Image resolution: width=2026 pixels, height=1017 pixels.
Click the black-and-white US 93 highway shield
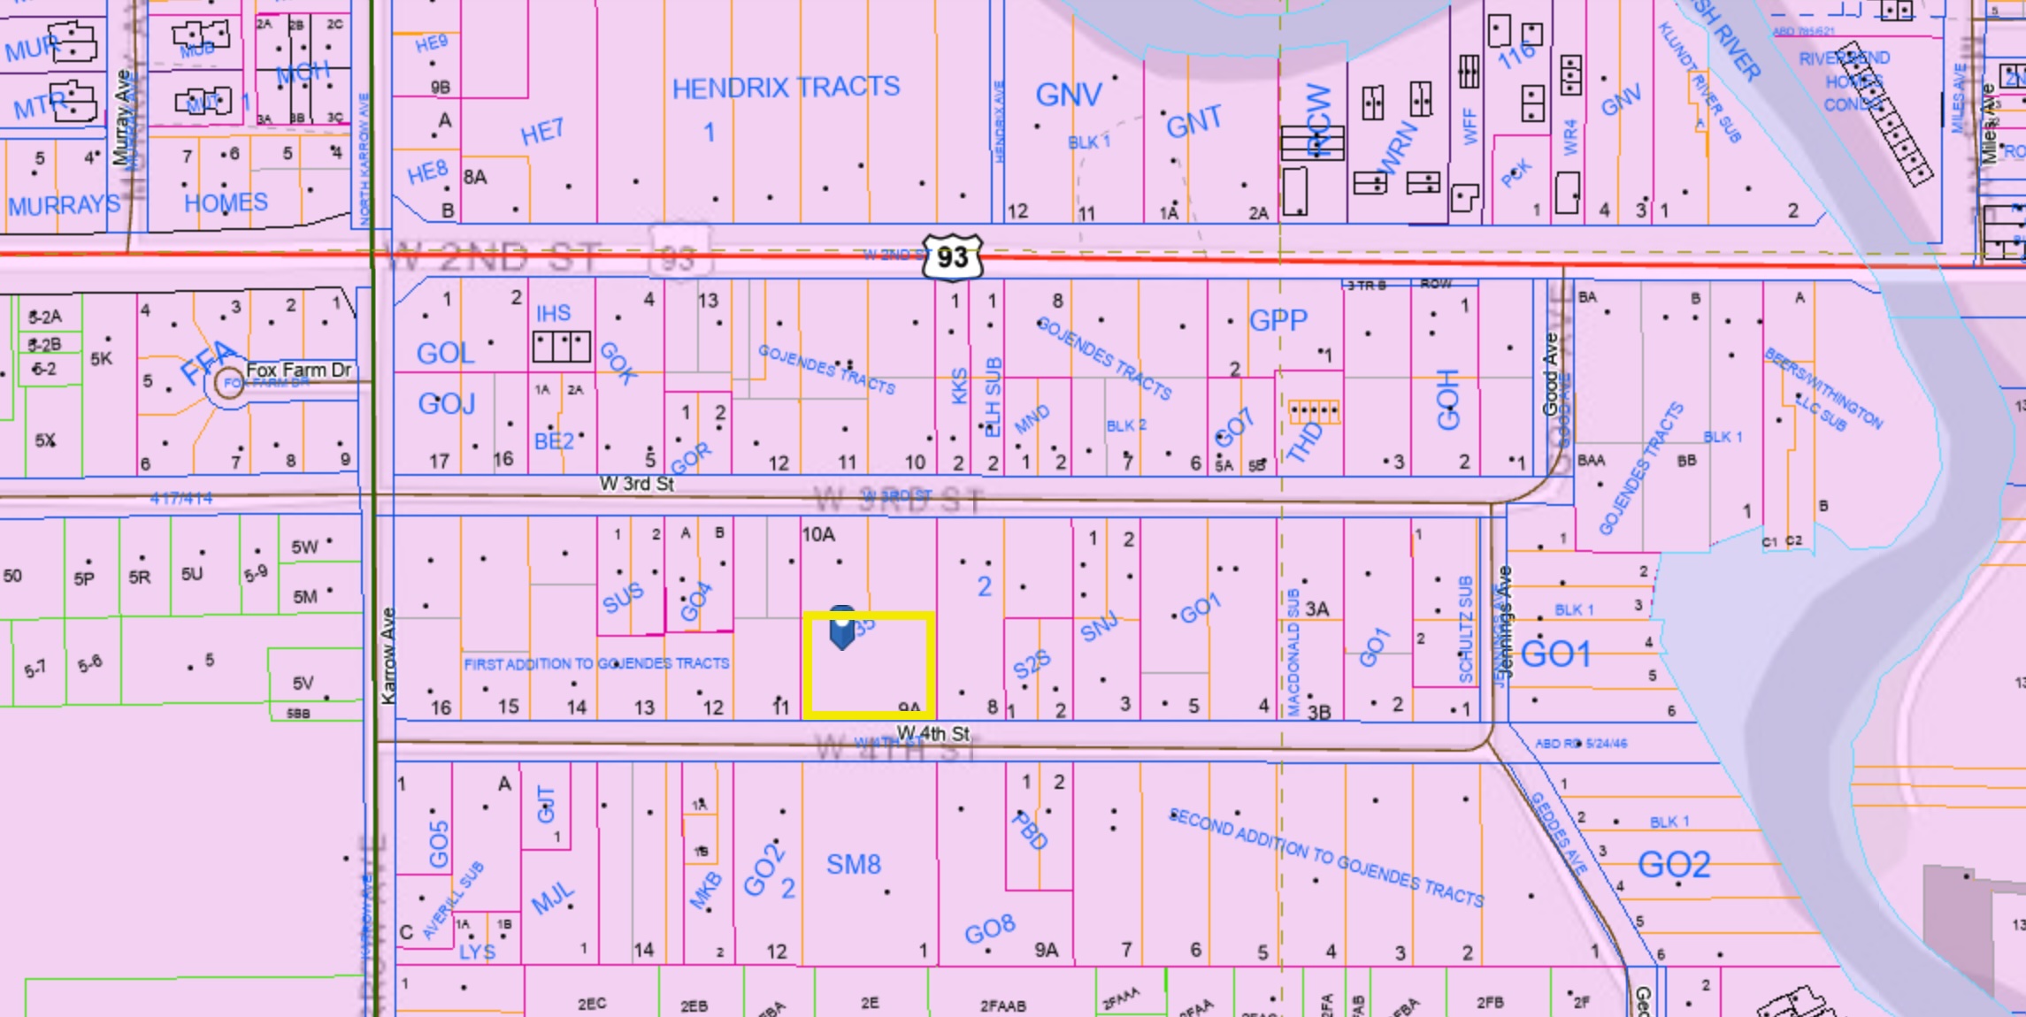[x=952, y=256]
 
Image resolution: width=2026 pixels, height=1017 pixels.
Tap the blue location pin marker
[x=841, y=627]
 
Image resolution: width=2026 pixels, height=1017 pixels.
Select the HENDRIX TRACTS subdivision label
[x=786, y=88]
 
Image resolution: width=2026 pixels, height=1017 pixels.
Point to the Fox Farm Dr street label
[x=298, y=370]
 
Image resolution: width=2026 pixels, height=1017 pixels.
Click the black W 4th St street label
[x=933, y=733]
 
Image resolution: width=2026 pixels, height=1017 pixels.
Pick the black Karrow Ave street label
[x=388, y=656]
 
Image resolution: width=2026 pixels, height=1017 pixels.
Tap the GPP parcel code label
[x=1278, y=320]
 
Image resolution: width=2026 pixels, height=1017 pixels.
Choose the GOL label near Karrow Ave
[x=445, y=354]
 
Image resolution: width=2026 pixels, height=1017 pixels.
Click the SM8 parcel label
[x=853, y=864]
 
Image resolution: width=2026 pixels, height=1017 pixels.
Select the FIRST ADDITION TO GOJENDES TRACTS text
[x=596, y=663]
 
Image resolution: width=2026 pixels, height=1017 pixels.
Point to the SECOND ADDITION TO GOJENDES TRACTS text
[x=1325, y=856]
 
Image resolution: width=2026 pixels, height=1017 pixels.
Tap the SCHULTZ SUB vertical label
[x=1465, y=629]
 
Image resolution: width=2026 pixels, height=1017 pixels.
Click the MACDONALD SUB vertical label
[x=1293, y=652]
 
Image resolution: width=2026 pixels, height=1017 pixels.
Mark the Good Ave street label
[x=1550, y=374]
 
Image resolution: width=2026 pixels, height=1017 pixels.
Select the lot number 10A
[x=817, y=534]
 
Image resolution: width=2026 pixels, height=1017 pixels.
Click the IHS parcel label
[x=553, y=313]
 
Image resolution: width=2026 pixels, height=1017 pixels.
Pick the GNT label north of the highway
[x=1193, y=122]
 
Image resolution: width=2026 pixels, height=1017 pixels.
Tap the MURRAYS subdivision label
[x=64, y=205]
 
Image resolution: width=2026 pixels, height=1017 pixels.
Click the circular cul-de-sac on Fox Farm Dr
[x=229, y=385]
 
